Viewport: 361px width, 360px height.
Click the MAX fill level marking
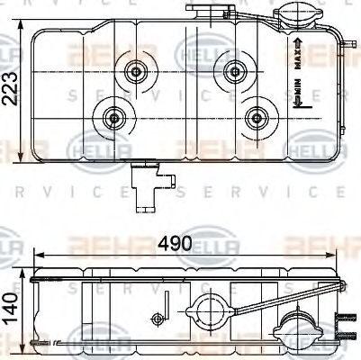[x=297, y=49]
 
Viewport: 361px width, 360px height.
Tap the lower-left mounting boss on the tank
[x=114, y=116]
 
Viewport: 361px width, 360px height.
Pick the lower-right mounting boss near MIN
[x=259, y=115]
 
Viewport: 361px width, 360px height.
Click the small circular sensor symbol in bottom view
[x=158, y=316]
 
